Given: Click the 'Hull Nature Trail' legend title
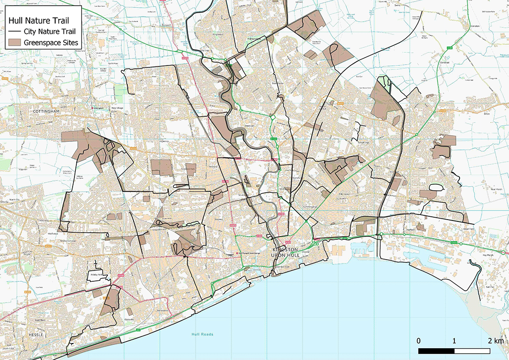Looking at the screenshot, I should (37, 21).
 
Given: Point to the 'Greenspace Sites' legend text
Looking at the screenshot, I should (55, 43).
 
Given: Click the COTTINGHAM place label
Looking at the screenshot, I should (47, 111).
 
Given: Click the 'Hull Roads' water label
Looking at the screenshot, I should (202, 335).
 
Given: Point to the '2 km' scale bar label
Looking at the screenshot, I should (496, 341).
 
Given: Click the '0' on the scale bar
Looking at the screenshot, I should (419, 341).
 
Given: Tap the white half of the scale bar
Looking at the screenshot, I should (472, 351).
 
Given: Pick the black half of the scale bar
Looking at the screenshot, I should (436, 351).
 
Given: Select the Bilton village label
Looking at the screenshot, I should (487, 114).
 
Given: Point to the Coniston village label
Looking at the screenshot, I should (475, 26).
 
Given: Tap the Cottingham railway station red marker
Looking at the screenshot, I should (94, 108).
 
